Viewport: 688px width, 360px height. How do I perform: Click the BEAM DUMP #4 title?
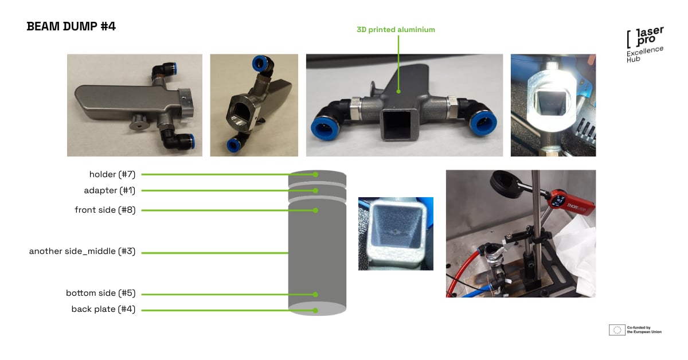point(71,26)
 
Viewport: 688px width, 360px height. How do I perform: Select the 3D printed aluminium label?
point(396,29)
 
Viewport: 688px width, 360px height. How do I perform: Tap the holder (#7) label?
point(112,174)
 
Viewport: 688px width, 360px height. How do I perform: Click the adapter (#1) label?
point(110,190)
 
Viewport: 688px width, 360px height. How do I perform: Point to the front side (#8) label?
point(105,210)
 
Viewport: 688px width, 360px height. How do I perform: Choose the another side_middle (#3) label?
point(83,251)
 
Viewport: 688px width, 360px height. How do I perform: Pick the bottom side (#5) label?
point(101,293)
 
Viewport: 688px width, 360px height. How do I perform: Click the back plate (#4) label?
point(104,309)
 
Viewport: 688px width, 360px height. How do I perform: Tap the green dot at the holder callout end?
point(315,174)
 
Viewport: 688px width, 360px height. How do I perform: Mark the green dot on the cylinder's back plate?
point(315,311)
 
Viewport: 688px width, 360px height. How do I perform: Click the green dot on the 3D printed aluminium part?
point(398,91)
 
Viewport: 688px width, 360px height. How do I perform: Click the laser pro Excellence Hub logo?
point(645,45)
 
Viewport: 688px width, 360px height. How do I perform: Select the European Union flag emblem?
point(617,330)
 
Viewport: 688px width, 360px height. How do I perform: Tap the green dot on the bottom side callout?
point(315,295)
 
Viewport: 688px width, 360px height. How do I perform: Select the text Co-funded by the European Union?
point(644,330)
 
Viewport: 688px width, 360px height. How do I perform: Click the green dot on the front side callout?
point(315,210)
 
